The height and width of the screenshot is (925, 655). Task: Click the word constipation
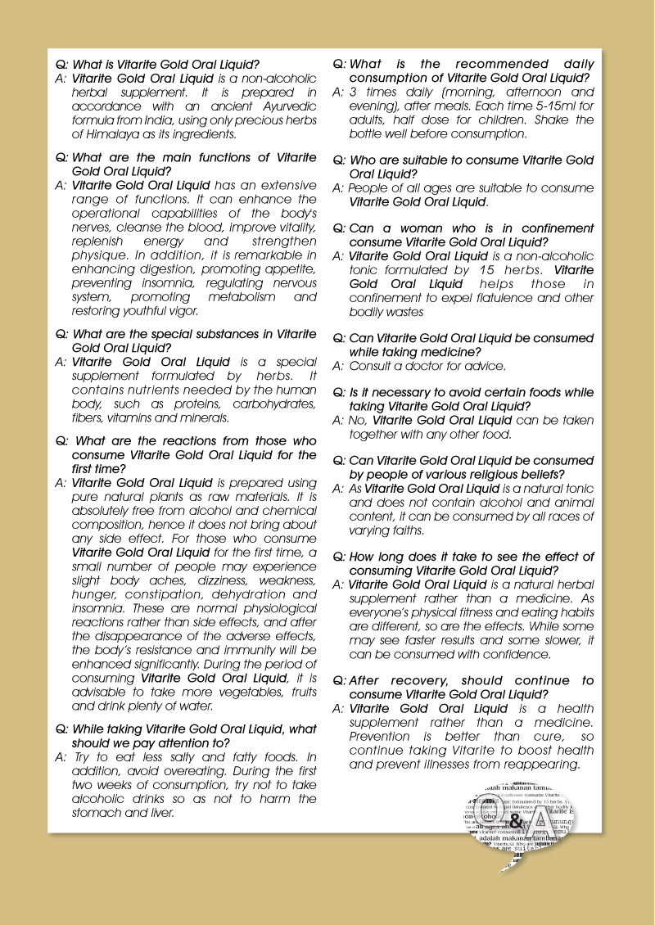point(159,594)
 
